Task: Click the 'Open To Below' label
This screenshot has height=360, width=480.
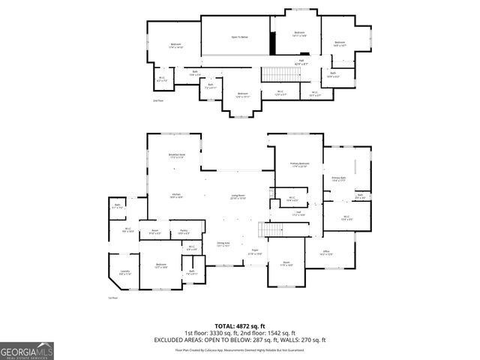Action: pyautogui.click(x=239, y=37)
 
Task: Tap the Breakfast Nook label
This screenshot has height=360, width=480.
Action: pyautogui.click(x=177, y=156)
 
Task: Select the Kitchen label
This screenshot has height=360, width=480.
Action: pyautogui.click(x=176, y=195)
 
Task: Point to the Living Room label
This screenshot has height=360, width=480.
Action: pyautogui.click(x=238, y=196)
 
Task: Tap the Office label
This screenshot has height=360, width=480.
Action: pyautogui.click(x=327, y=253)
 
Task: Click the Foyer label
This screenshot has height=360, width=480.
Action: pyautogui.click(x=255, y=253)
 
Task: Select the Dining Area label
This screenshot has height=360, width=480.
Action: pyautogui.click(x=223, y=244)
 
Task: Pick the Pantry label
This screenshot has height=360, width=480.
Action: pyautogui.click(x=184, y=232)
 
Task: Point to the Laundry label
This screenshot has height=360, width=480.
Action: pyautogui.click(x=124, y=273)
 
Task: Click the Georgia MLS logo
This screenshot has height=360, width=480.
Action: pyautogui.click(x=26, y=350)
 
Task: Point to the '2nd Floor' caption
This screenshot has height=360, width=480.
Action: pyautogui.click(x=157, y=100)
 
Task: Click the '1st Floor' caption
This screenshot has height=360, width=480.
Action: pyautogui.click(x=113, y=298)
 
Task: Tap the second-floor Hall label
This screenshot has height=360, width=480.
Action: pyautogui.click(x=301, y=61)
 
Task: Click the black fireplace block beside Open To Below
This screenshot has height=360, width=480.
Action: pyautogui.click(x=273, y=46)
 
